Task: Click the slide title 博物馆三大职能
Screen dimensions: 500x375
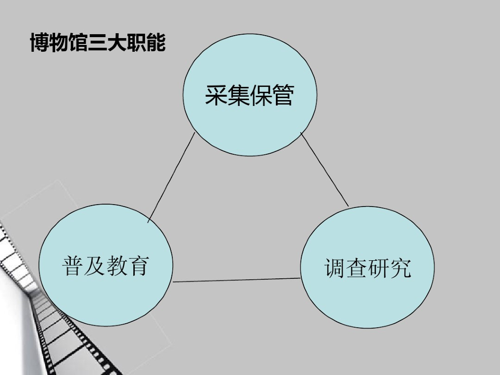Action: tap(98, 43)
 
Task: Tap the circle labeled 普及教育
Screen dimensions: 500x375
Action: tap(105, 293)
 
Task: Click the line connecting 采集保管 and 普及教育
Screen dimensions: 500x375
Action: tap(171, 178)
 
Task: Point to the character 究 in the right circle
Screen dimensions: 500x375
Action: tap(400, 268)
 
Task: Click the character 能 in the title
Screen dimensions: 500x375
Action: tap(156, 43)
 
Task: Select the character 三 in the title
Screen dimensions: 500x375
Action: tap(98, 43)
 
